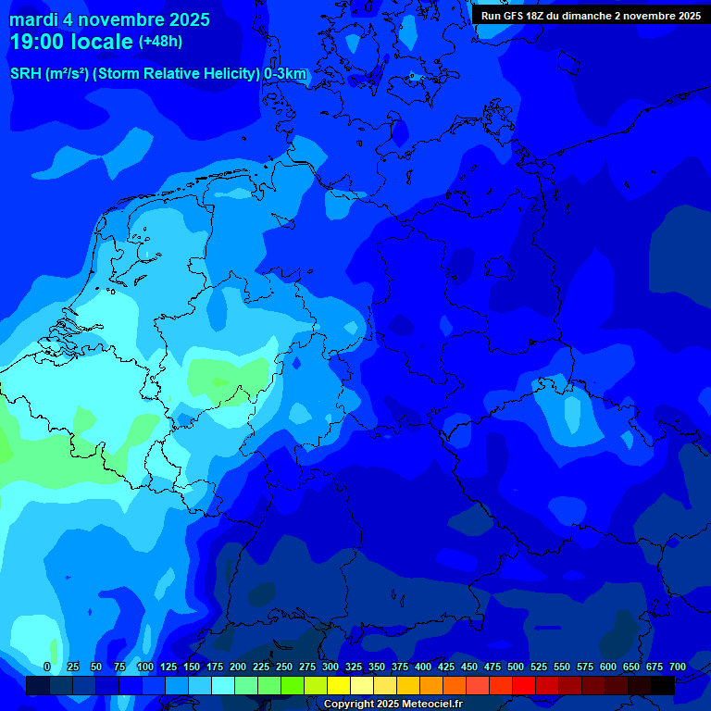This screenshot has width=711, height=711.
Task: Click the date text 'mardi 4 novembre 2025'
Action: [x=109, y=19]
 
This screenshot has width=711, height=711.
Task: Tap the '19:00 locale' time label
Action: [x=71, y=43]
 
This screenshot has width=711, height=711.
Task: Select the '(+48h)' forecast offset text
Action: [x=160, y=42]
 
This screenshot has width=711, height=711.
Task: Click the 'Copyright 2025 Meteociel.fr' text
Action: [x=393, y=704]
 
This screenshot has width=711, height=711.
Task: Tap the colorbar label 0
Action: [x=47, y=667]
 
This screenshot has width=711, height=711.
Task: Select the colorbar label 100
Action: [x=145, y=667]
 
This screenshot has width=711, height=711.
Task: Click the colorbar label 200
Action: [x=238, y=667]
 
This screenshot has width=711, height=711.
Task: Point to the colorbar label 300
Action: [x=331, y=667]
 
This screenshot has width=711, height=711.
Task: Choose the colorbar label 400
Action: [x=423, y=667]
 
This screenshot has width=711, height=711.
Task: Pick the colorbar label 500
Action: [x=516, y=667]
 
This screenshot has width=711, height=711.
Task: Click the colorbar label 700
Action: [x=678, y=667]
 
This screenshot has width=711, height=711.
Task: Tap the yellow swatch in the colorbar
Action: [x=339, y=685]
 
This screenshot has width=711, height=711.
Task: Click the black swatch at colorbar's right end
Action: [x=663, y=685]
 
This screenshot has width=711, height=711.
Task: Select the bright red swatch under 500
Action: [x=524, y=685]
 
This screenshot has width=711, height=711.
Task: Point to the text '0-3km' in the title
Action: [x=285, y=74]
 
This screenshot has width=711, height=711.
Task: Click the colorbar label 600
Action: [x=608, y=667]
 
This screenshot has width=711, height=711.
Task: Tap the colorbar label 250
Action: [x=284, y=667]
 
